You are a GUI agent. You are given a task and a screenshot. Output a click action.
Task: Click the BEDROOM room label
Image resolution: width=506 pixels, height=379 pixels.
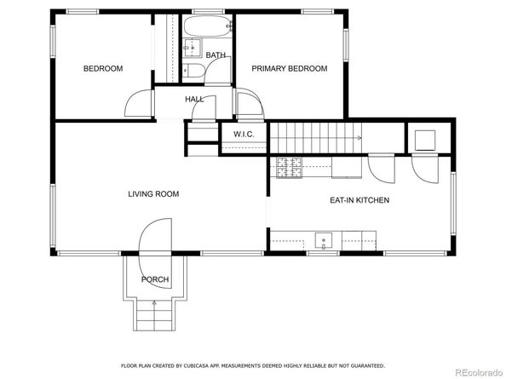coord(103,68)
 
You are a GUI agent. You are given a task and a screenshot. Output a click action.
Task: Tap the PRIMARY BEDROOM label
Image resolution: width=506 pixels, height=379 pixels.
coord(289,68)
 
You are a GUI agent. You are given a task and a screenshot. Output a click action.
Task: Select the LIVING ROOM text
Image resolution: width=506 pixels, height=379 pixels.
coord(153,194)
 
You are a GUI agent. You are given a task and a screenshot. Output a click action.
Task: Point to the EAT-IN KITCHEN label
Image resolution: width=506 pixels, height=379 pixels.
coord(359,200)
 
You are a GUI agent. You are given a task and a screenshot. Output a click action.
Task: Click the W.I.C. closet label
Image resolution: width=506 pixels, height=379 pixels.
coord(244,135)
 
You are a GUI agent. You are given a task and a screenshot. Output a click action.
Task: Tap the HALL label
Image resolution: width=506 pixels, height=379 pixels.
coord(194,100)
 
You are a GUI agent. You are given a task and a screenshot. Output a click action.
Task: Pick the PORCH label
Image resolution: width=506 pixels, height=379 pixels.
coord(155,279)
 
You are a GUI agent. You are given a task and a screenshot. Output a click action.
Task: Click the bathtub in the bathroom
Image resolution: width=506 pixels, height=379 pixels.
coord(207,26)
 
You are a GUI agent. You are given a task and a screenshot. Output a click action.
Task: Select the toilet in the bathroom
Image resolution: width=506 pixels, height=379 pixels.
coord(193,71)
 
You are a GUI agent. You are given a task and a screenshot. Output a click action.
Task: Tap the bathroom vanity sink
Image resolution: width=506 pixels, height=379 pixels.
coord(192,48)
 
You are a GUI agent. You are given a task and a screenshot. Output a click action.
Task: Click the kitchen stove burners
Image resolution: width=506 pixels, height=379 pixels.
coord(289,167)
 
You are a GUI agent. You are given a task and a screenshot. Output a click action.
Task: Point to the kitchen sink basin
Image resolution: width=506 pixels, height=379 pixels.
coord(324,241)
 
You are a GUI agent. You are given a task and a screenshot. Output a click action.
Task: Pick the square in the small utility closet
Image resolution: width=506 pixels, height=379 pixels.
coord(425,141)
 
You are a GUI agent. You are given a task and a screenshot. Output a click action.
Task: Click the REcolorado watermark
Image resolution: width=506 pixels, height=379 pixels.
coord(478,372)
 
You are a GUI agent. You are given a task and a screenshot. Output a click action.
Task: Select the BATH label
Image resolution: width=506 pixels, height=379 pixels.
coord(216,55)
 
